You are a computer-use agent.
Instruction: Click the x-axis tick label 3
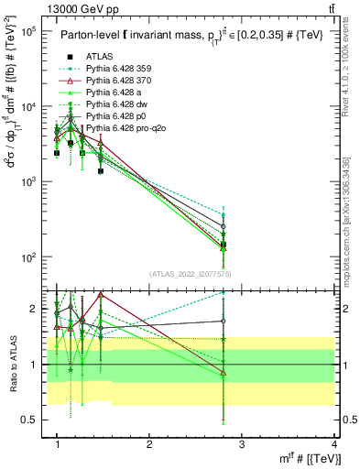click(x=242, y=445)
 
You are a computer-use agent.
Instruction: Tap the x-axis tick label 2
click(x=149, y=445)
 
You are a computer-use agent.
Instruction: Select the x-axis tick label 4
click(x=333, y=445)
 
